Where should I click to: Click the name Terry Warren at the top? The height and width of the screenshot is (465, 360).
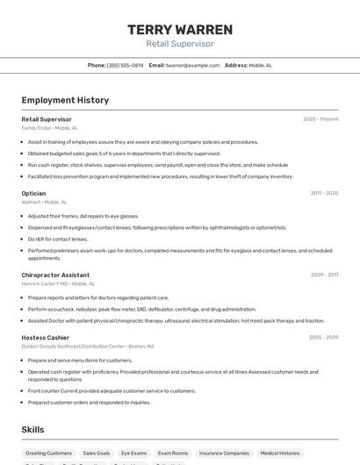pos(180,30)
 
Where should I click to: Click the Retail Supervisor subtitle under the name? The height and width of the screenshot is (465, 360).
pos(180,44)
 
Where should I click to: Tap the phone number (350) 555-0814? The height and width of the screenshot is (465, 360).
pos(125,65)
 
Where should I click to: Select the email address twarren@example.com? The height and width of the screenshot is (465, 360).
pos(192,65)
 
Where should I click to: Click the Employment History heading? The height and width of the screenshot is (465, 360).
pos(65,100)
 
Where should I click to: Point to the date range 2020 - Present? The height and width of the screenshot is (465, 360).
pos(320,119)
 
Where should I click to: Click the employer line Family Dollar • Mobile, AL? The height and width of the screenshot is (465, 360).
pos(49,128)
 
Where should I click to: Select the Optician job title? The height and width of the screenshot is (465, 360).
pos(33,193)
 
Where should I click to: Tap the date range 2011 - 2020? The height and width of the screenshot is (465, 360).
pos(324,193)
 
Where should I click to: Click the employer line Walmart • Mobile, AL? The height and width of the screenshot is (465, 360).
pos(44,202)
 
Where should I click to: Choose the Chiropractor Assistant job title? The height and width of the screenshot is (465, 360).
pos(55,275)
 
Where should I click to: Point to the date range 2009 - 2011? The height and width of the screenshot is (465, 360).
pos(324,275)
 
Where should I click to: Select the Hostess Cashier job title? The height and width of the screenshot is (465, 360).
pos(45,337)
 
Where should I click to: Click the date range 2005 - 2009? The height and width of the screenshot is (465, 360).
pos(323,337)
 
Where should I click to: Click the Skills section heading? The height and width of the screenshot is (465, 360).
pos(33,429)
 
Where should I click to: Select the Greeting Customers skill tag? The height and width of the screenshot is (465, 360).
pos(48,453)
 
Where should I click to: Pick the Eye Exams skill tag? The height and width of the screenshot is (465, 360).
pos(133,453)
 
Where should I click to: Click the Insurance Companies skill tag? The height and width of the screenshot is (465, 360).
pos(224,453)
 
